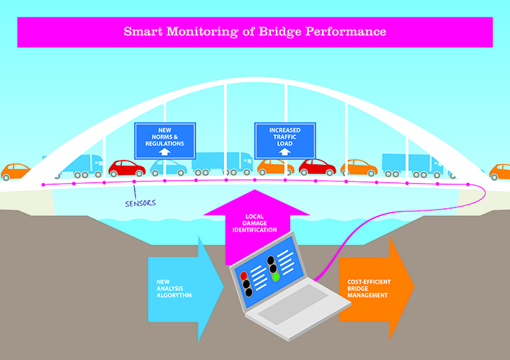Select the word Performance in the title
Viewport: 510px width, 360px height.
347,32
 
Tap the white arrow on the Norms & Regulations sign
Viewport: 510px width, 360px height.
166,152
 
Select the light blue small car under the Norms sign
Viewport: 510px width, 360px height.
168,168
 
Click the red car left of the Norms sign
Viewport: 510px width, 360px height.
127,168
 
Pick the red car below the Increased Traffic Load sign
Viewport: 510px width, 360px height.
317,167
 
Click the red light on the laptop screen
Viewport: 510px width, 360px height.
244,276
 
